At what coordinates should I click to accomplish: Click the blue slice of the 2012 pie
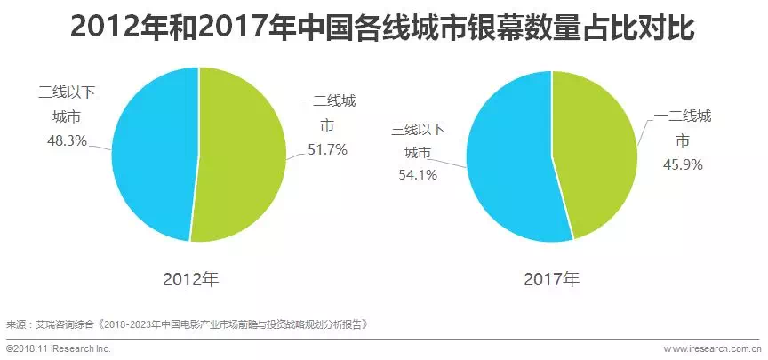tap(151, 151)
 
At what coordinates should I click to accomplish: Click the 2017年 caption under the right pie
tap(551, 279)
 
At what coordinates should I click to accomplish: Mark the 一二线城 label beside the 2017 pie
tap(683, 117)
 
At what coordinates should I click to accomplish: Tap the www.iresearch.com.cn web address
tap(712, 349)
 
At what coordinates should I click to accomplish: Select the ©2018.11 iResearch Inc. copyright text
tap(59, 349)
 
